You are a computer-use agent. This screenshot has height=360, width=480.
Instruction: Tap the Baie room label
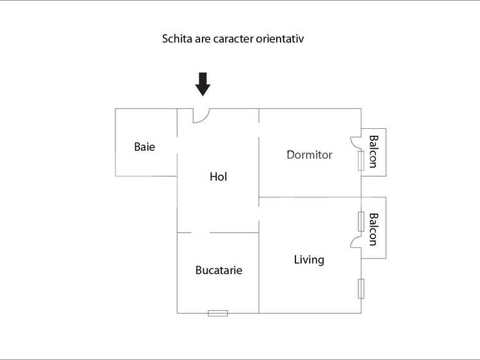pyautogui.click(x=145, y=148)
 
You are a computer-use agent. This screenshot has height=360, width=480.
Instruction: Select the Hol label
pyautogui.click(x=218, y=177)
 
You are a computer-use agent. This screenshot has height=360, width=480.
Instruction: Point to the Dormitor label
pyautogui.click(x=309, y=154)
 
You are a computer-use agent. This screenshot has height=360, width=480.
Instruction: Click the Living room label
pyautogui.click(x=309, y=260)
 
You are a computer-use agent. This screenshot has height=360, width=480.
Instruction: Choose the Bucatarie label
pyautogui.click(x=218, y=270)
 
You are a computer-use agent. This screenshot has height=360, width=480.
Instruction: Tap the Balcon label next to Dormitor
pyautogui.click(x=373, y=151)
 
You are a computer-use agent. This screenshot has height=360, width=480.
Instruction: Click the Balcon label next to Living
pyautogui.click(x=373, y=229)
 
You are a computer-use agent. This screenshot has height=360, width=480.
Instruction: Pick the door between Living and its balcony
pyautogui.click(x=356, y=242)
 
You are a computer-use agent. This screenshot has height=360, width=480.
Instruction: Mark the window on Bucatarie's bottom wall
pyautogui.click(x=218, y=313)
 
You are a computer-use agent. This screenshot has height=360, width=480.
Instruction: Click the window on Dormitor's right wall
pyautogui.click(x=361, y=161)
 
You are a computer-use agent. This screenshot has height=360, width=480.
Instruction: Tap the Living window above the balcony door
pyautogui.click(x=361, y=221)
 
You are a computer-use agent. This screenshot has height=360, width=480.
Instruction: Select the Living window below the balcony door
pyautogui.click(x=361, y=288)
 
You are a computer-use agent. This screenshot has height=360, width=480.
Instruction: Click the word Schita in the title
pyautogui.click(x=177, y=39)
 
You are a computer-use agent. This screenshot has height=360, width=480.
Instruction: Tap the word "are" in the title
pyautogui.click(x=203, y=39)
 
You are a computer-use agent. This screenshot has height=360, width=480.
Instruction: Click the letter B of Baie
pyautogui.click(x=137, y=148)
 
